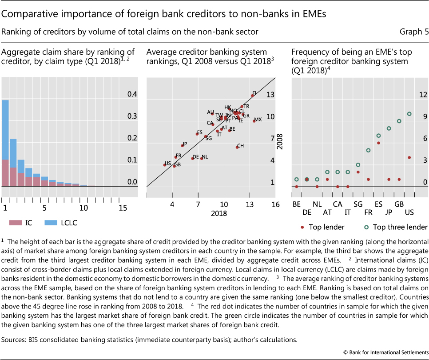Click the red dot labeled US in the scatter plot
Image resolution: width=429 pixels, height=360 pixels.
pyautogui.click(x=165, y=165)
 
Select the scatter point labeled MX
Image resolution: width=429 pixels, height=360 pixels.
pyautogui.click(x=254, y=121)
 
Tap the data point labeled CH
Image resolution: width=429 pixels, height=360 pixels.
pyautogui.click(x=237, y=147)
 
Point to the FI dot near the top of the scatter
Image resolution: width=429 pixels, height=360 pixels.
pyautogui.click(x=253, y=95)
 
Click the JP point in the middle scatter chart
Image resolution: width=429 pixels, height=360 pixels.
pyautogui.click(x=182, y=145)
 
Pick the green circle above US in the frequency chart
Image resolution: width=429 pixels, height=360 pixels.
pyautogui.click(x=409, y=114)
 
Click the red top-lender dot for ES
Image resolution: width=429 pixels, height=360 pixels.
pyautogui.click(x=378, y=143)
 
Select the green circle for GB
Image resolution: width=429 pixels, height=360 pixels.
pyautogui.click(x=399, y=121)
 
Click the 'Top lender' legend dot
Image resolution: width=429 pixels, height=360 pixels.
pyautogui.click(x=302, y=227)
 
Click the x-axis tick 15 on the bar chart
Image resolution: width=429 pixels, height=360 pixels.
pyautogui.click(x=123, y=208)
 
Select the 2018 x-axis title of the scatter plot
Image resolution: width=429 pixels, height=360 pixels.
pyautogui.click(x=219, y=213)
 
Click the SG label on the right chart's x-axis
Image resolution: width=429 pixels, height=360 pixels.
pyautogui.click(x=358, y=204)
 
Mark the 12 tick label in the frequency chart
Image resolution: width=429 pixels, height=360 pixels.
pyautogui.click(x=422, y=95)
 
